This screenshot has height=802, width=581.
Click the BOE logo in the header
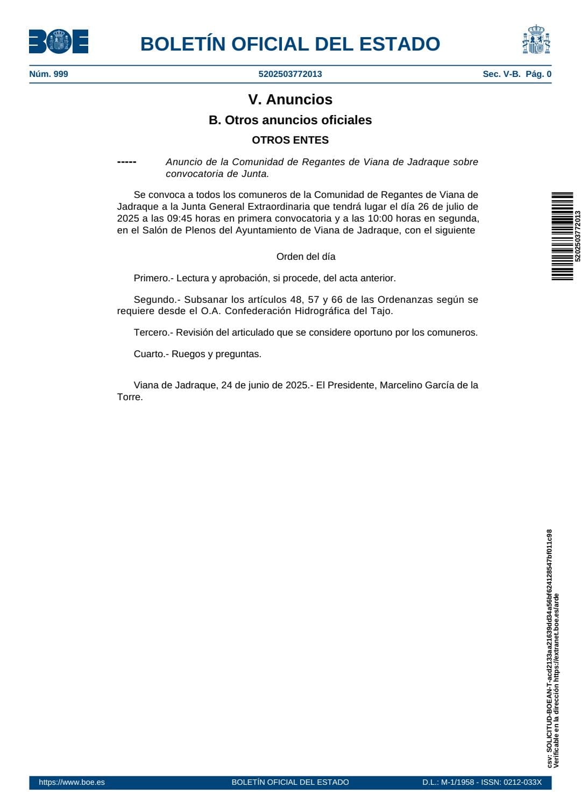59,41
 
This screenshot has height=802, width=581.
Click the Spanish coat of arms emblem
536,40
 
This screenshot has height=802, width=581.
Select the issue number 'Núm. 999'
48,74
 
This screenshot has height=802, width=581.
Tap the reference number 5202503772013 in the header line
290,74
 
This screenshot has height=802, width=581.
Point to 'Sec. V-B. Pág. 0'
516,74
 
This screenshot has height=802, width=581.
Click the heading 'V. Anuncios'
290,100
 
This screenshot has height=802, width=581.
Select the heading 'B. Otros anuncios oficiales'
290,120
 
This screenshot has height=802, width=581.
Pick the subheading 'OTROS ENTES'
290,140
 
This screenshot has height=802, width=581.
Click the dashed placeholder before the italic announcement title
126,162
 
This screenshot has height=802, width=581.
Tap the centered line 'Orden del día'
306,257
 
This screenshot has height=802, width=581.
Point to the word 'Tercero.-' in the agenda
153,332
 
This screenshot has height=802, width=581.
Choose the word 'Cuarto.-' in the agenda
151,354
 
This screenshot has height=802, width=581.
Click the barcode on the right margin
562,236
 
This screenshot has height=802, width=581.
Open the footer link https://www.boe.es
72,782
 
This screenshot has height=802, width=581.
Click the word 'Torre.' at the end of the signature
130,397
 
